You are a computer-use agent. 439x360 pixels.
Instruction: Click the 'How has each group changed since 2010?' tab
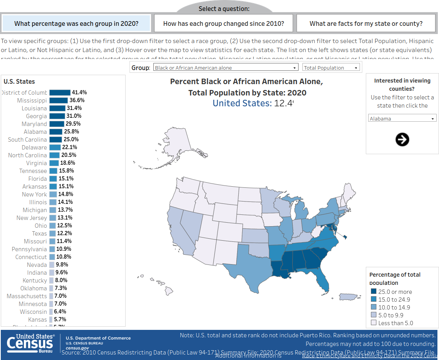click(223, 23)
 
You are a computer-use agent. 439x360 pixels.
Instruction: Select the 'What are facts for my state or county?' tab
click(366, 23)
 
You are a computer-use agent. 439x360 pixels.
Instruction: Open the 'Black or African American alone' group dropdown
click(226, 68)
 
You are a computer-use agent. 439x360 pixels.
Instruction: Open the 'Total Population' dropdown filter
click(331, 68)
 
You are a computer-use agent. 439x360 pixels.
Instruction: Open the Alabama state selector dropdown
click(402, 118)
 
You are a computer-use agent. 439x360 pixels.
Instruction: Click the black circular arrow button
click(402, 139)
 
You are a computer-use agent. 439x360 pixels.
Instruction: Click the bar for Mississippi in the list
click(58, 101)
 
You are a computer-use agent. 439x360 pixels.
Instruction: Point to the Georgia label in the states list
click(36, 116)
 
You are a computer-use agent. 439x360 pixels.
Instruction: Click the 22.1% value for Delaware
click(70, 148)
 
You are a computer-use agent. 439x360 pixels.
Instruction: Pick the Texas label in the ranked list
click(39, 234)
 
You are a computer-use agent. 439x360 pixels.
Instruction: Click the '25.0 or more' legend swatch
click(373, 292)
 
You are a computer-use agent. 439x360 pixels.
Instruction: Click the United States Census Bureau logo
click(30, 344)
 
